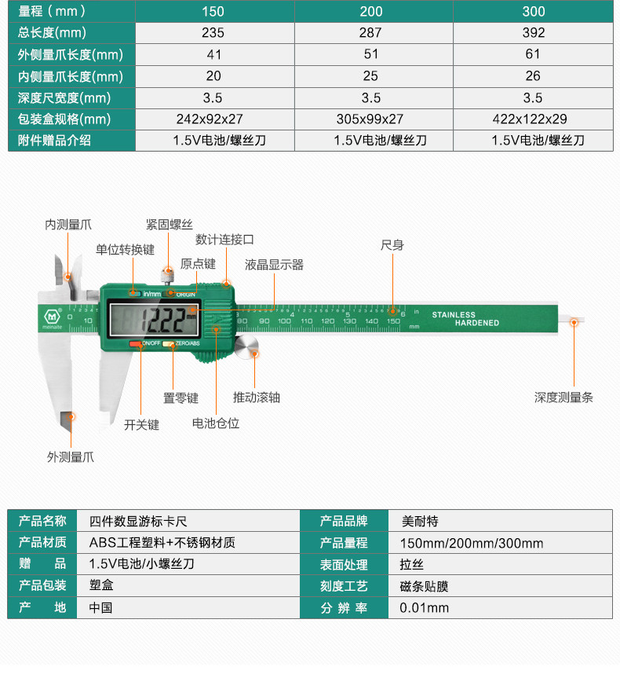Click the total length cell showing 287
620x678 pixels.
pos(370,33)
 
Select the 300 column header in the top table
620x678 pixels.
pos(533,11)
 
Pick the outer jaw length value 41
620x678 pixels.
pos(213,55)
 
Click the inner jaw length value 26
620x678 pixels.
pos(533,76)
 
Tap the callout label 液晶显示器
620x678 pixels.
pos(274,265)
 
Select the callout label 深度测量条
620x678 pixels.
pos(563,398)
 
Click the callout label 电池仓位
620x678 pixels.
pos(216,423)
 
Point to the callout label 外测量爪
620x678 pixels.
pos(70,456)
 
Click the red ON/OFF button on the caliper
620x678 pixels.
pos(137,344)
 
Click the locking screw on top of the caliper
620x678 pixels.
pos(166,275)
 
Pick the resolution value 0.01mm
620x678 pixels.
pos(424,607)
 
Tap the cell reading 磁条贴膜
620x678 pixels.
pos(424,586)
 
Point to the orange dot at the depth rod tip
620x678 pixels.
pos(574,321)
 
